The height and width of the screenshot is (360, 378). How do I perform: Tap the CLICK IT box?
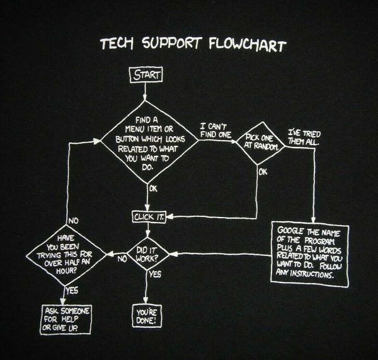tap(149, 217)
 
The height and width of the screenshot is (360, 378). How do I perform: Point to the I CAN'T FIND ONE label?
tap(217, 131)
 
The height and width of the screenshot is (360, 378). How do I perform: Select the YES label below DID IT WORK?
tap(154, 275)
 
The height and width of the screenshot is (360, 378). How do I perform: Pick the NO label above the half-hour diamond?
tap(73, 221)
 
